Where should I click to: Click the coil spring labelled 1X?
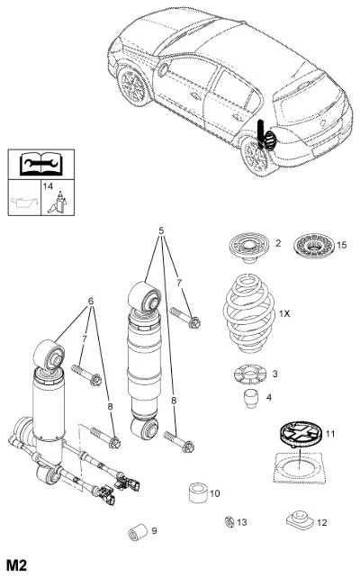[x=249, y=313]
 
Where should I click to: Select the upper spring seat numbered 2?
[x=248, y=248]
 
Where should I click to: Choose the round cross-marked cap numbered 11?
[x=301, y=434]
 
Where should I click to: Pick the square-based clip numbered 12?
[x=299, y=519]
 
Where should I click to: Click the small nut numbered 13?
[x=229, y=521]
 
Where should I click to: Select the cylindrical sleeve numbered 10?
[x=198, y=492]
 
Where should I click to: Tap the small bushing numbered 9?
[x=137, y=532]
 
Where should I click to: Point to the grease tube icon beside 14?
[x=58, y=203]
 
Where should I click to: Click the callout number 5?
[x=161, y=230]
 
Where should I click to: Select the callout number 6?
[x=91, y=302]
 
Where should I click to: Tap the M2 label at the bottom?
[x=17, y=565]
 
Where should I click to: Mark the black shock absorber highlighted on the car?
[x=260, y=134]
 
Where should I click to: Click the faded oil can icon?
[x=24, y=202]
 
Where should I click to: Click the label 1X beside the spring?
[x=284, y=313]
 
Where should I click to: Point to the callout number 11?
[x=330, y=434]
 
